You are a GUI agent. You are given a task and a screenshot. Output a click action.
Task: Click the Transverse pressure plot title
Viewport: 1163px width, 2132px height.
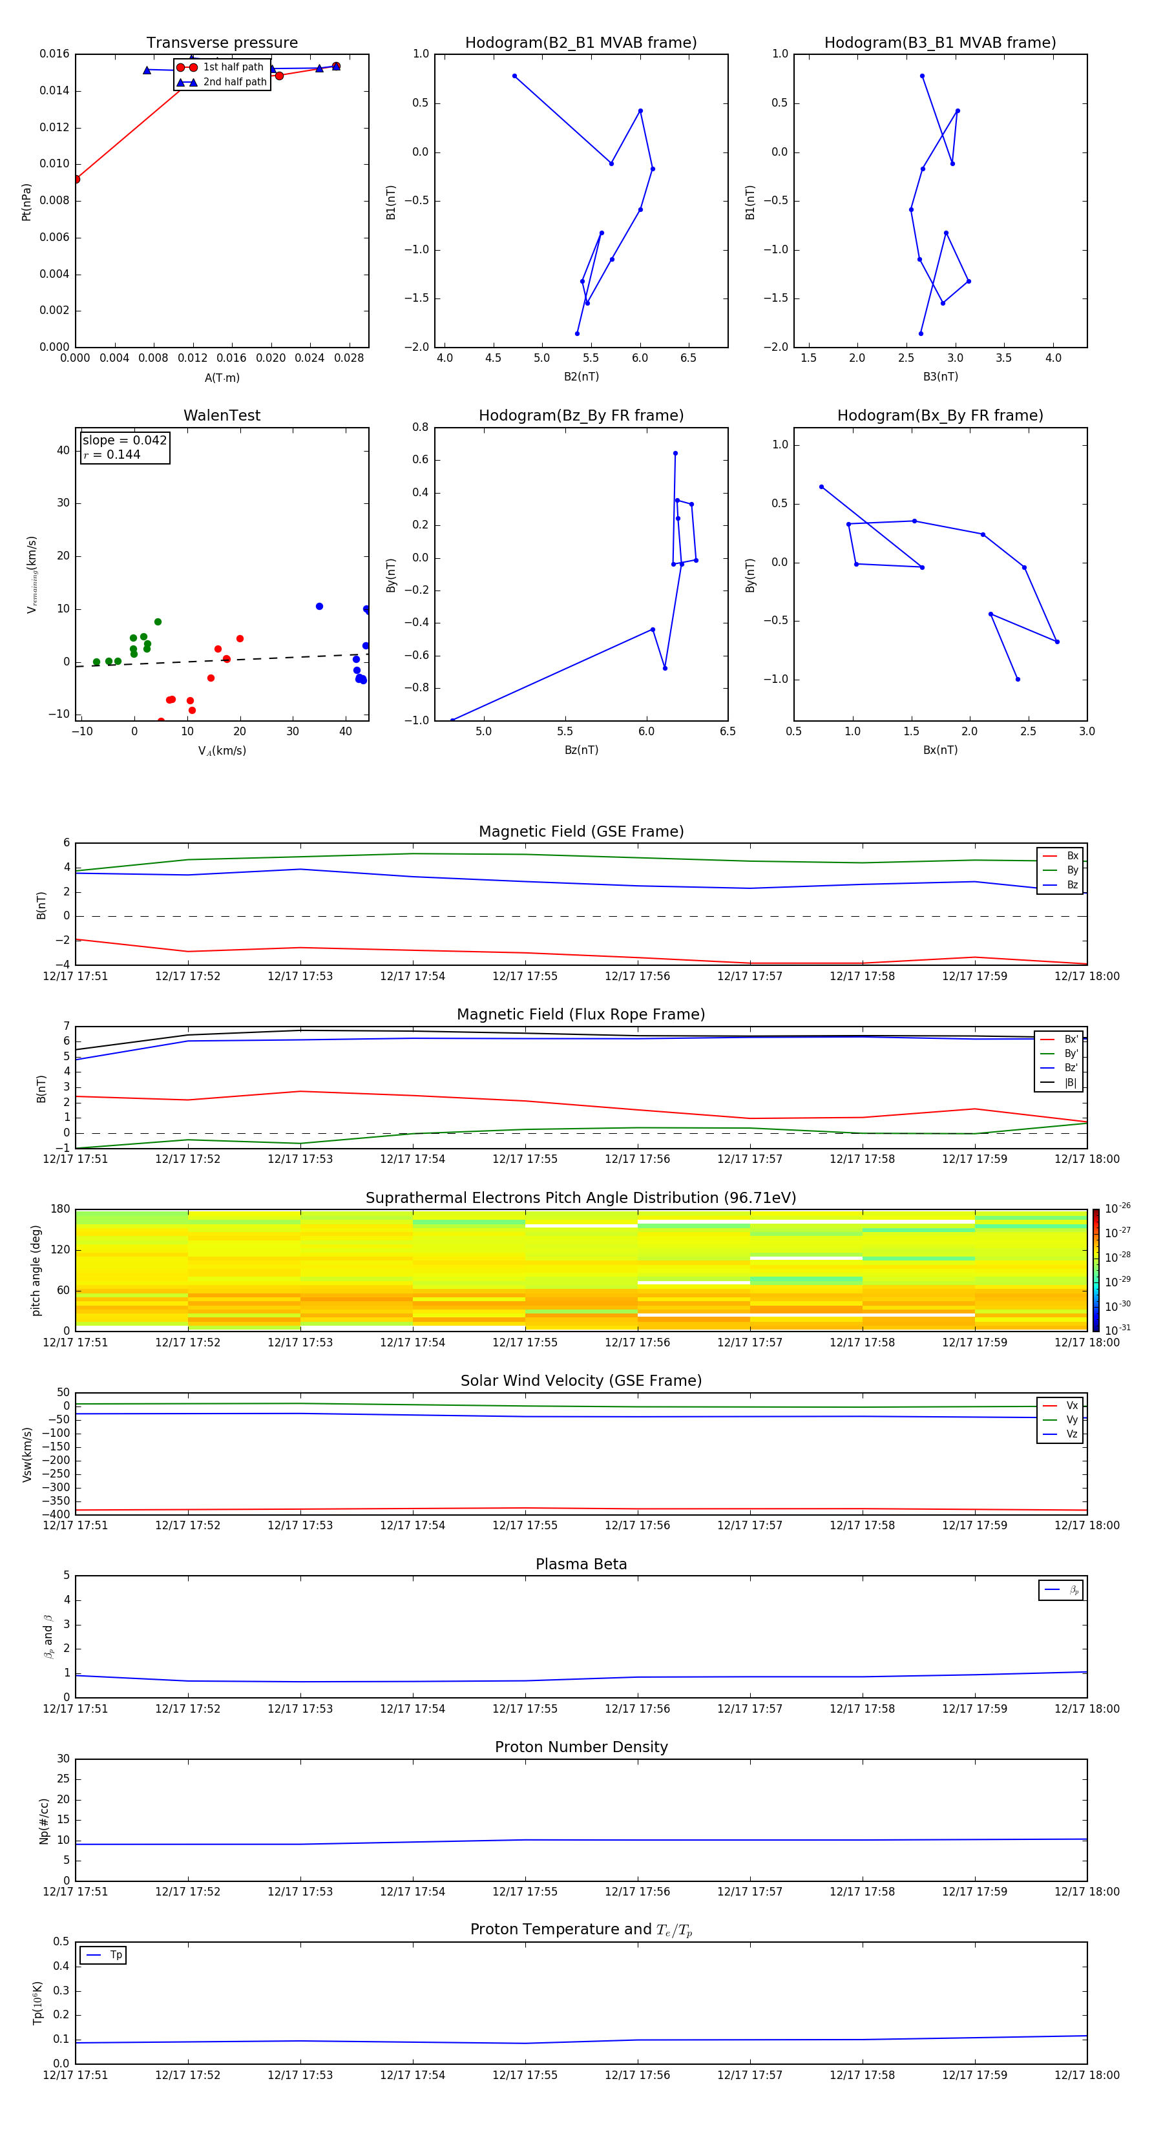(222, 43)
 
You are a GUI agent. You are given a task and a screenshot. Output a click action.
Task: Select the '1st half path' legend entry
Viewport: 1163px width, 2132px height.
(233, 67)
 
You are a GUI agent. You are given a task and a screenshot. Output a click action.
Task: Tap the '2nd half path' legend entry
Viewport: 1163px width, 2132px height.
(235, 82)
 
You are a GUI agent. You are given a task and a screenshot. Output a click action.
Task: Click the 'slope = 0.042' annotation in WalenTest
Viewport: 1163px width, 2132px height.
(124, 441)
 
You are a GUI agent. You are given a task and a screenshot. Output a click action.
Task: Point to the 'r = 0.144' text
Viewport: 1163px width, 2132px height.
(112, 454)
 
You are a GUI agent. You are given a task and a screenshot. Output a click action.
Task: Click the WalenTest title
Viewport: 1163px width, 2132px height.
(222, 415)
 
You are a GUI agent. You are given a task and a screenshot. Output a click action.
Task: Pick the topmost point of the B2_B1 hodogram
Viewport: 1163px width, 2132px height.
(515, 76)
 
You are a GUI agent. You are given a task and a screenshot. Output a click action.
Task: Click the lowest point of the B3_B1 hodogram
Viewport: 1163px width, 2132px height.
(921, 333)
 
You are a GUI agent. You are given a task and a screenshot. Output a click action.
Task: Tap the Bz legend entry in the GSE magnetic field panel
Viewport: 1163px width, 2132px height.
(1072, 884)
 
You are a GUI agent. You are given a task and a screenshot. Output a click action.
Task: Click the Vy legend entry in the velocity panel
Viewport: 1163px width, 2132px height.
(1072, 1419)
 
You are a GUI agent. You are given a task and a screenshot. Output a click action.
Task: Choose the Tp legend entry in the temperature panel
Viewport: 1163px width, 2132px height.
(116, 1955)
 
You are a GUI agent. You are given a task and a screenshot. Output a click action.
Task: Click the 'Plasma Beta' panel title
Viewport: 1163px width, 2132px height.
(581, 1564)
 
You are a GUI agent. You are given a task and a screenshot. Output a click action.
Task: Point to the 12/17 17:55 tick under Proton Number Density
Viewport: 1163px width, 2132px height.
(525, 1891)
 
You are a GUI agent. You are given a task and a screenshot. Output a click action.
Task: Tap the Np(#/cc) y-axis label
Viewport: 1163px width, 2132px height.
(45, 1820)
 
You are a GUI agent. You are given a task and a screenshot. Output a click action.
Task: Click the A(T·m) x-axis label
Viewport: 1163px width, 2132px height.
(222, 377)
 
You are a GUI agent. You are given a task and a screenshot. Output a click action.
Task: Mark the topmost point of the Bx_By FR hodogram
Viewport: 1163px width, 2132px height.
(821, 486)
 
